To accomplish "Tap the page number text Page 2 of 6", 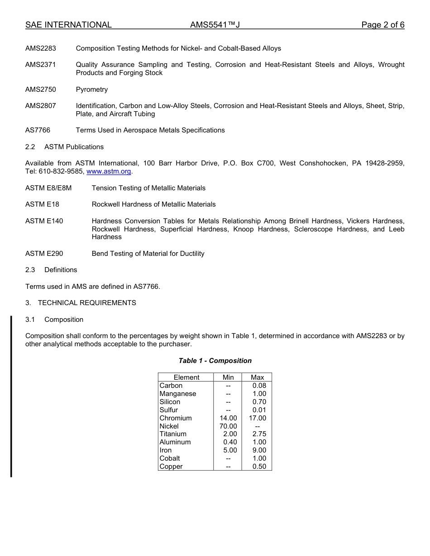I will point(382,25).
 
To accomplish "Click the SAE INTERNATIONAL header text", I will point(68,25).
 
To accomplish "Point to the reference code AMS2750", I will point(41,90).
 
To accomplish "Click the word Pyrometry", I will point(92,90).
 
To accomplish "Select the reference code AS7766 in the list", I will point(38,130).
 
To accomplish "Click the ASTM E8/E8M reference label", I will point(48,188).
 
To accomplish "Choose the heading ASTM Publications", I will point(74,147).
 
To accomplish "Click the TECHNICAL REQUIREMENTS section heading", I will point(87,303).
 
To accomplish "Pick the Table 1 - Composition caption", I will point(215,361).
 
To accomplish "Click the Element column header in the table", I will point(186,377).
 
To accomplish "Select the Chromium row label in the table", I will point(176,418).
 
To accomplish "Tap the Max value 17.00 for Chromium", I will point(257,418).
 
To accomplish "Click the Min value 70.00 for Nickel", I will point(228,426).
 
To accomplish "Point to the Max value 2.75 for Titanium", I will point(259,434).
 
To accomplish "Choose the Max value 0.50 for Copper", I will point(259,466).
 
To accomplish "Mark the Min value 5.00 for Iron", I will point(230,450).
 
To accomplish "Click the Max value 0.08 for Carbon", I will point(259,386).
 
